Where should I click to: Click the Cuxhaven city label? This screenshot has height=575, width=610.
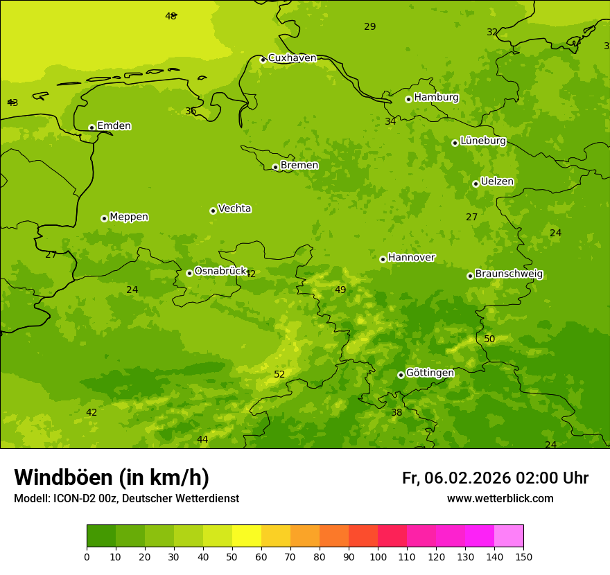(292, 58)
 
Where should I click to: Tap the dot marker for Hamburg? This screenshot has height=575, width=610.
(408, 99)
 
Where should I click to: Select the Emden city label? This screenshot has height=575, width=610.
(114, 126)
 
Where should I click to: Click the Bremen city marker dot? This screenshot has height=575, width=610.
(275, 167)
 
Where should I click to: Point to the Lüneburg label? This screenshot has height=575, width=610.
(482, 141)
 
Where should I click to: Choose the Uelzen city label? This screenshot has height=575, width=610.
(497, 182)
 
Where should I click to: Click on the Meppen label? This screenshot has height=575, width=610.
(129, 217)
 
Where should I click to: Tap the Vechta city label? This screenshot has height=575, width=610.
(234, 209)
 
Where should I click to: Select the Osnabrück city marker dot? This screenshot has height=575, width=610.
(189, 273)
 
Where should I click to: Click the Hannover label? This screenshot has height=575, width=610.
(411, 258)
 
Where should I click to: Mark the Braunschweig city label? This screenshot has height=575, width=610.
(509, 274)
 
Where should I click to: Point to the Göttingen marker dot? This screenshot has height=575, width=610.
(401, 375)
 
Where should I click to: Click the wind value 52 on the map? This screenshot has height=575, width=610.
(279, 375)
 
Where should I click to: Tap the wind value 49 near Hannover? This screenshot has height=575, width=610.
(340, 290)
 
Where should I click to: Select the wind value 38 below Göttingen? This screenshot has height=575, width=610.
(397, 413)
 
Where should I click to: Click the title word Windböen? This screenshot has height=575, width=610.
(64, 477)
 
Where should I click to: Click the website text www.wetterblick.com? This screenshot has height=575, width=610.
(500, 499)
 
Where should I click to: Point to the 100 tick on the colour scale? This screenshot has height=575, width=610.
(378, 556)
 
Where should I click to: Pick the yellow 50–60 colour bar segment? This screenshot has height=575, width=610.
(247, 536)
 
